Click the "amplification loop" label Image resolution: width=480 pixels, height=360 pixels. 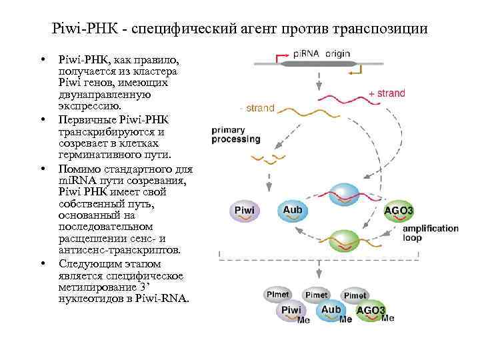431,233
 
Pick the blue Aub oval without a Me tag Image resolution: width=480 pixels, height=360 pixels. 293,210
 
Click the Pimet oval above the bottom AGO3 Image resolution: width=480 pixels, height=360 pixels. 355,295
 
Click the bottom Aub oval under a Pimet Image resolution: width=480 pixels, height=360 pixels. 331,310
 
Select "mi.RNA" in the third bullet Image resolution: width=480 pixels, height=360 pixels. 74,181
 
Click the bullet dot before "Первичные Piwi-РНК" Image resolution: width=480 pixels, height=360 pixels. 42,120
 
